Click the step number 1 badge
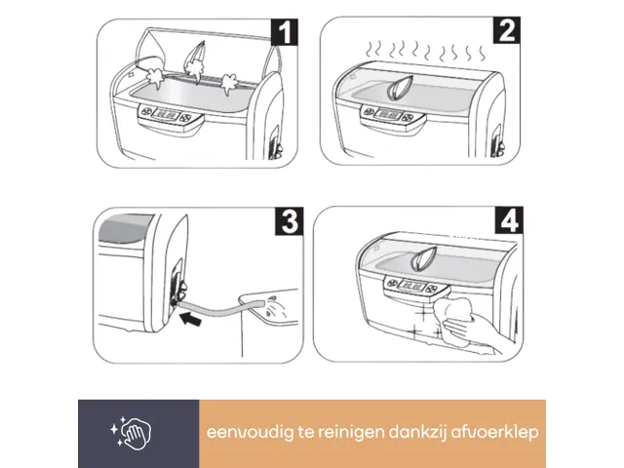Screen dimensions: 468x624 click(285, 35)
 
